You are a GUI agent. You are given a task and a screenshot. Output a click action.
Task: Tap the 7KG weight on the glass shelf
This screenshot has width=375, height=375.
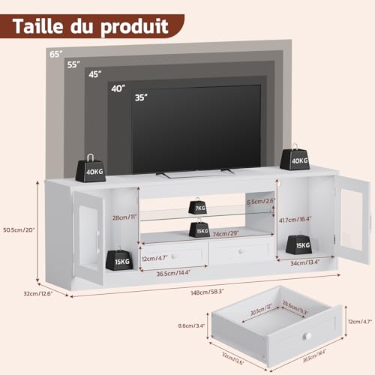point(199,207)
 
